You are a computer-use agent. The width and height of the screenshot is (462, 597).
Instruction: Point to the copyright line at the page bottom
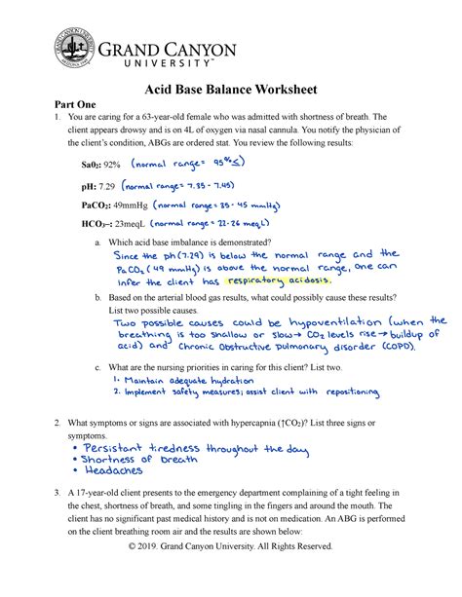(x=230, y=573)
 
